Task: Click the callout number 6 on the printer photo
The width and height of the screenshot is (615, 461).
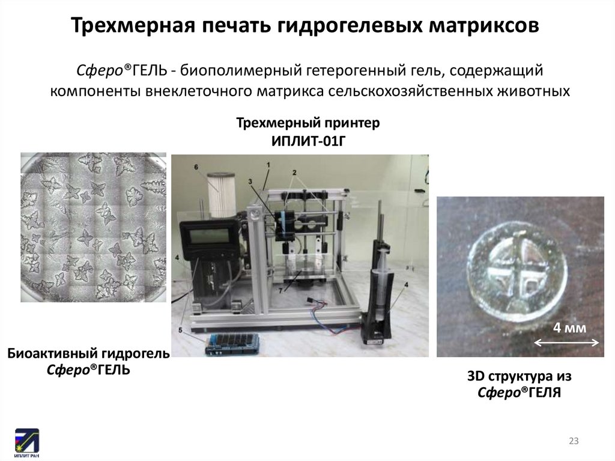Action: click(x=196, y=167)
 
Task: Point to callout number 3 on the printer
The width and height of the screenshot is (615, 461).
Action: click(x=250, y=181)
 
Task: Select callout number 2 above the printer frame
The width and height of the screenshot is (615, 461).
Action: click(x=294, y=172)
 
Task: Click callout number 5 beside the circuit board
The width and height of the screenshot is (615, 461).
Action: click(x=180, y=330)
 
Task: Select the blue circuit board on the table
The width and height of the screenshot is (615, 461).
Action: click(x=231, y=344)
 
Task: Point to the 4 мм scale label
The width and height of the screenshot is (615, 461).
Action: click(x=569, y=328)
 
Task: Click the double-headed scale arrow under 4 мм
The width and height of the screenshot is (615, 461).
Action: click(x=567, y=343)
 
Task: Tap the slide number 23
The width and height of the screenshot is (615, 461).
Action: click(x=574, y=441)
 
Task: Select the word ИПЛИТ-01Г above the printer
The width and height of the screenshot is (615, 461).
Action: click(x=308, y=141)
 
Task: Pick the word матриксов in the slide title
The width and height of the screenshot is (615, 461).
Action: click(x=483, y=26)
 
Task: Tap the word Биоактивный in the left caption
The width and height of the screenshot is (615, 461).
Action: click(x=53, y=353)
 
